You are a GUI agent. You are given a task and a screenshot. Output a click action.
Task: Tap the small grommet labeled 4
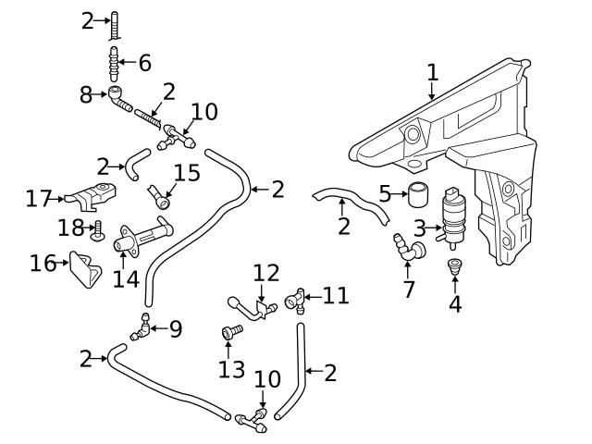454,268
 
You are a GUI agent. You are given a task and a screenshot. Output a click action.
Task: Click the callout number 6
144,64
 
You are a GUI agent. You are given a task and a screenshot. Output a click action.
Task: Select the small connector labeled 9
143,327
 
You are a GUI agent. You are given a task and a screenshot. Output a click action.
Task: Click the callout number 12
265,273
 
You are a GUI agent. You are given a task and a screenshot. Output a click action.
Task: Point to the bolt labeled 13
231,331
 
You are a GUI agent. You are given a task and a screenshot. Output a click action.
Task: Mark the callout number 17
38,198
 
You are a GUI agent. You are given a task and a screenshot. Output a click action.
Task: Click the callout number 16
43,264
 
